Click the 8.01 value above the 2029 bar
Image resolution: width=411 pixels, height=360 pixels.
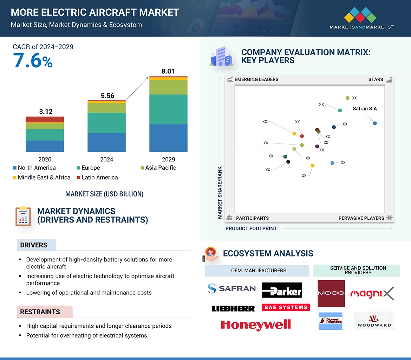[168, 71]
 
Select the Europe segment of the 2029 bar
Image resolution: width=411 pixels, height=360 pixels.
[168, 109]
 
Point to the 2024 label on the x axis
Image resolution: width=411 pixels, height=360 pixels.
[106, 159]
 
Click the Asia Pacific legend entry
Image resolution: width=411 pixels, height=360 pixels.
[158, 168]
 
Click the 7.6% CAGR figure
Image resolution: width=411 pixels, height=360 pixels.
[33, 60]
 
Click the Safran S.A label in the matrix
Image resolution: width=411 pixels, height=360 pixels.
[365, 109]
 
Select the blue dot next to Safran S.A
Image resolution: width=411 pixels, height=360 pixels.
[375, 123]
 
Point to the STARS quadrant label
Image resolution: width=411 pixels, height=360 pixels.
[376, 80]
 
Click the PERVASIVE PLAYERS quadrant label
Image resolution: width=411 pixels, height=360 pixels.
[361, 218]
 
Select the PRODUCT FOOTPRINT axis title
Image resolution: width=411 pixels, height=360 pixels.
[251, 228]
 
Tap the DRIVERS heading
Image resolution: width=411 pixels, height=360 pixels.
[34, 245]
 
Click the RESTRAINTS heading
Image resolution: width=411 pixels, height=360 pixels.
[40, 312]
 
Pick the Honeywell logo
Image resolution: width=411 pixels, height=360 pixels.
[256, 325]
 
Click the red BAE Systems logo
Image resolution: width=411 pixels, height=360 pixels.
[286, 307]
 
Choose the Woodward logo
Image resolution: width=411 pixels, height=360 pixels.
[374, 321]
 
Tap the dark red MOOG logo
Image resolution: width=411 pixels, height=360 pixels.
[331, 293]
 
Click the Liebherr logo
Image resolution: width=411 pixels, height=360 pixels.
[233, 308]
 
